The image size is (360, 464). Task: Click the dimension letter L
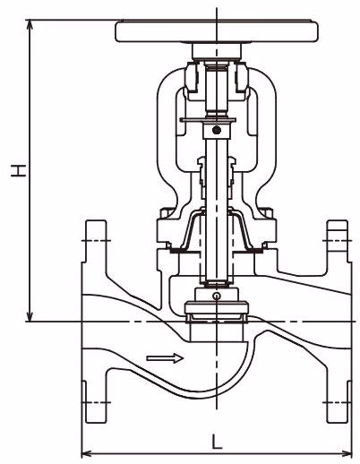[x=217, y=442]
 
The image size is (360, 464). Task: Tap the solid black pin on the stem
[x=216, y=132]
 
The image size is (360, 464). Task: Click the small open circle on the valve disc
[x=216, y=296]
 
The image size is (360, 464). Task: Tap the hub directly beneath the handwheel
[x=216, y=51]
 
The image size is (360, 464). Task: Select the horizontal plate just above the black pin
[x=216, y=119]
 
